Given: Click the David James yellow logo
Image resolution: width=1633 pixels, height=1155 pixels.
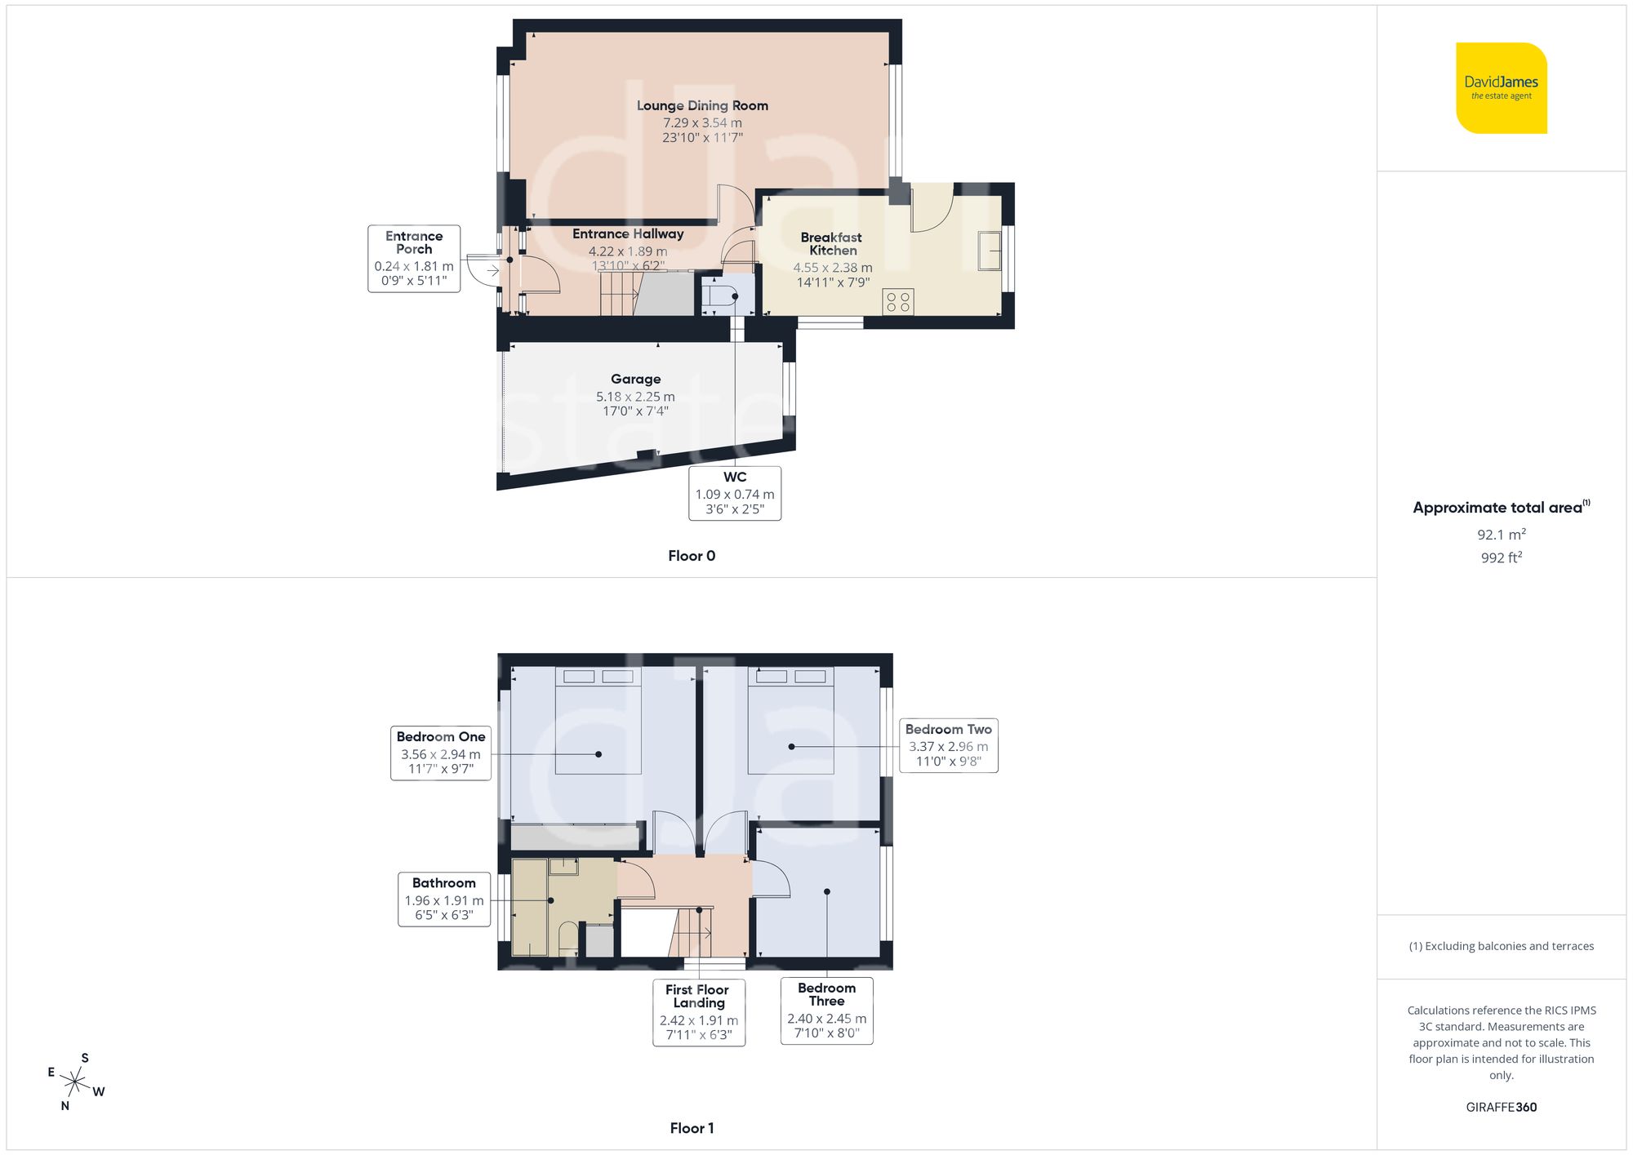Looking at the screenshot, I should tap(1501, 88).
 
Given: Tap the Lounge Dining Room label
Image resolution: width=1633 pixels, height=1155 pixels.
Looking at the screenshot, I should tap(702, 105).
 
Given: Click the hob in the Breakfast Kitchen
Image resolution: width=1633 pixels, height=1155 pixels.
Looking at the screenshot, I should tap(898, 302).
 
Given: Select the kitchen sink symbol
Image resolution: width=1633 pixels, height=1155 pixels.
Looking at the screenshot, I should tap(990, 251).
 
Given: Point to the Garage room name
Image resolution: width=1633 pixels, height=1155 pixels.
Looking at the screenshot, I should tap(635, 379).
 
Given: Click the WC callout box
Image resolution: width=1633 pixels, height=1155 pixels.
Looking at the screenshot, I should tap(735, 493).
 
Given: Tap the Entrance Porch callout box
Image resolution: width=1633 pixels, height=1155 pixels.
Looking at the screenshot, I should tap(414, 258).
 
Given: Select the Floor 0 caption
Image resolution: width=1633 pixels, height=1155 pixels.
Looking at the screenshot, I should tap(692, 556).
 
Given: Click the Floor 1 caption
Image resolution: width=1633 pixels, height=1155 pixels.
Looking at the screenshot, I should tap(692, 1128).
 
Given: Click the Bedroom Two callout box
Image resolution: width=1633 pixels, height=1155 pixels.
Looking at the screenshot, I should tap(948, 745).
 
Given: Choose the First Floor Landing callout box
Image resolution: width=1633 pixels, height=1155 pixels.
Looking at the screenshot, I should tap(699, 1012).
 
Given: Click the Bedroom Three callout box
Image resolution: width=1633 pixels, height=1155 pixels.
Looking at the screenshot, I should tap(826, 1011).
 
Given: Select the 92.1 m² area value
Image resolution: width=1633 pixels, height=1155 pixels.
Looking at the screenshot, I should tap(1501, 535).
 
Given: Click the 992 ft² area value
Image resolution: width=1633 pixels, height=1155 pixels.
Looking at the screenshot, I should tap(1501, 558).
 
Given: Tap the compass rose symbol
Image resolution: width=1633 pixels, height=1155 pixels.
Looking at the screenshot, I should tap(75, 1083).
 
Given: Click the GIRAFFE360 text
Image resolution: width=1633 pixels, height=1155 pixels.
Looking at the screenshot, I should tap(1501, 1108).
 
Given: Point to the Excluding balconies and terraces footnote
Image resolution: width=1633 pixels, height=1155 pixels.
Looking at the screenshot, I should tap(1501, 946).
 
